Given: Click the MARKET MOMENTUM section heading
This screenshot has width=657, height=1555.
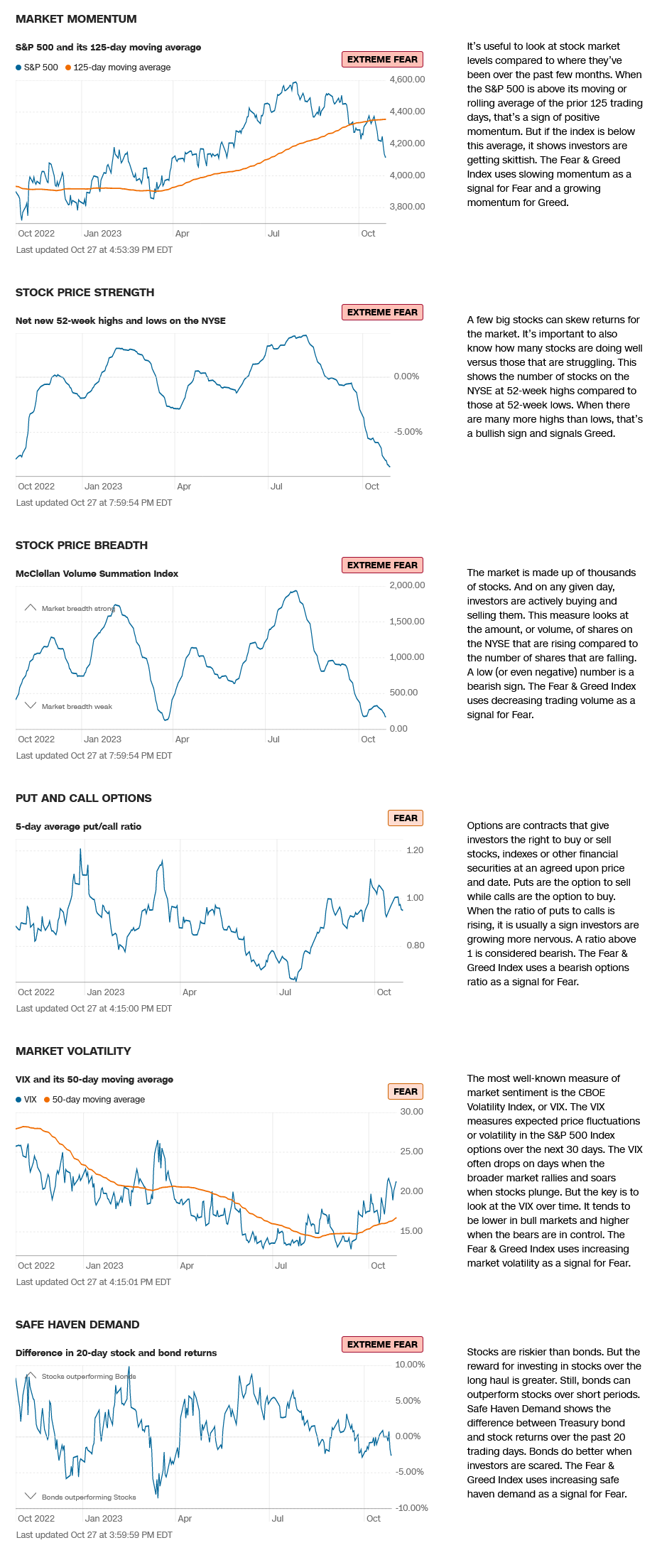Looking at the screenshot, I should pyautogui.click(x=76, y=19).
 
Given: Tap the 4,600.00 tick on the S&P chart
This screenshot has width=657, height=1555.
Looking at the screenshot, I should pyautogui.click(x=407, y=80).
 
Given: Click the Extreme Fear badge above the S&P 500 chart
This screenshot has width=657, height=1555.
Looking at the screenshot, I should pyautogui.click(x=382, y=60).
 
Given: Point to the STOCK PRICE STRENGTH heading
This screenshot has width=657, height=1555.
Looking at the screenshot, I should pyautogui.click(x=85, y=293).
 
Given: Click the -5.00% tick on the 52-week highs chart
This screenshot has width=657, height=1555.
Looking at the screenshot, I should pyautogui.click(x=408, y=432).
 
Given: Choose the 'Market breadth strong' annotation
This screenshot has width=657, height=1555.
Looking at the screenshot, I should pyautogui.click(x=77, y=609).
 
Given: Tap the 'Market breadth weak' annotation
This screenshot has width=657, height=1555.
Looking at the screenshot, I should pyautogui.click(x=77, y=707).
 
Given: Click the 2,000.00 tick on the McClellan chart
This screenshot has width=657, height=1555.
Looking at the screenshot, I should pyautogui.click(x=407, y=585).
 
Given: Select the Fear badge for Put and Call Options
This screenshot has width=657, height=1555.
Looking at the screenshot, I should pyautogui.click(x=405, y=818).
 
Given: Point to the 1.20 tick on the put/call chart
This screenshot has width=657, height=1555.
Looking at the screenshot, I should pyautogui.click(x=415, y=850).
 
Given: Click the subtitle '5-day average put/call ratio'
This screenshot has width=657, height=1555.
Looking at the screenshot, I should pyautogui.click(x=78, y=827).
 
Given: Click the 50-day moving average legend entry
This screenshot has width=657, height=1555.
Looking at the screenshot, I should pyautogui.click(x=98, y=1100).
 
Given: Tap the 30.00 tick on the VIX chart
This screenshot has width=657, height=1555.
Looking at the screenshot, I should pyautogui.click(x=411, y=1112).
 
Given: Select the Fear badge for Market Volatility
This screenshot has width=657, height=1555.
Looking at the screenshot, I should pyautogui.click(x=405, y=1092).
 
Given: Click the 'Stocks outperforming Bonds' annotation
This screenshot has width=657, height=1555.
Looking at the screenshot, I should pyautogui.click(x=88, y=1377).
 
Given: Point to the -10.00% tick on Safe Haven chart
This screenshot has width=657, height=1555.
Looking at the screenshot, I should pyautogui.click(x=411, y=1508).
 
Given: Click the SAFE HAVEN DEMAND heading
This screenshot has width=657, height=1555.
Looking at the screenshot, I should pyautogui.click(x=77, y=1325).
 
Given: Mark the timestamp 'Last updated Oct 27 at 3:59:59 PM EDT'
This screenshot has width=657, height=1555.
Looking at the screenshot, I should pyautogui.click(x=94, y=1535).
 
